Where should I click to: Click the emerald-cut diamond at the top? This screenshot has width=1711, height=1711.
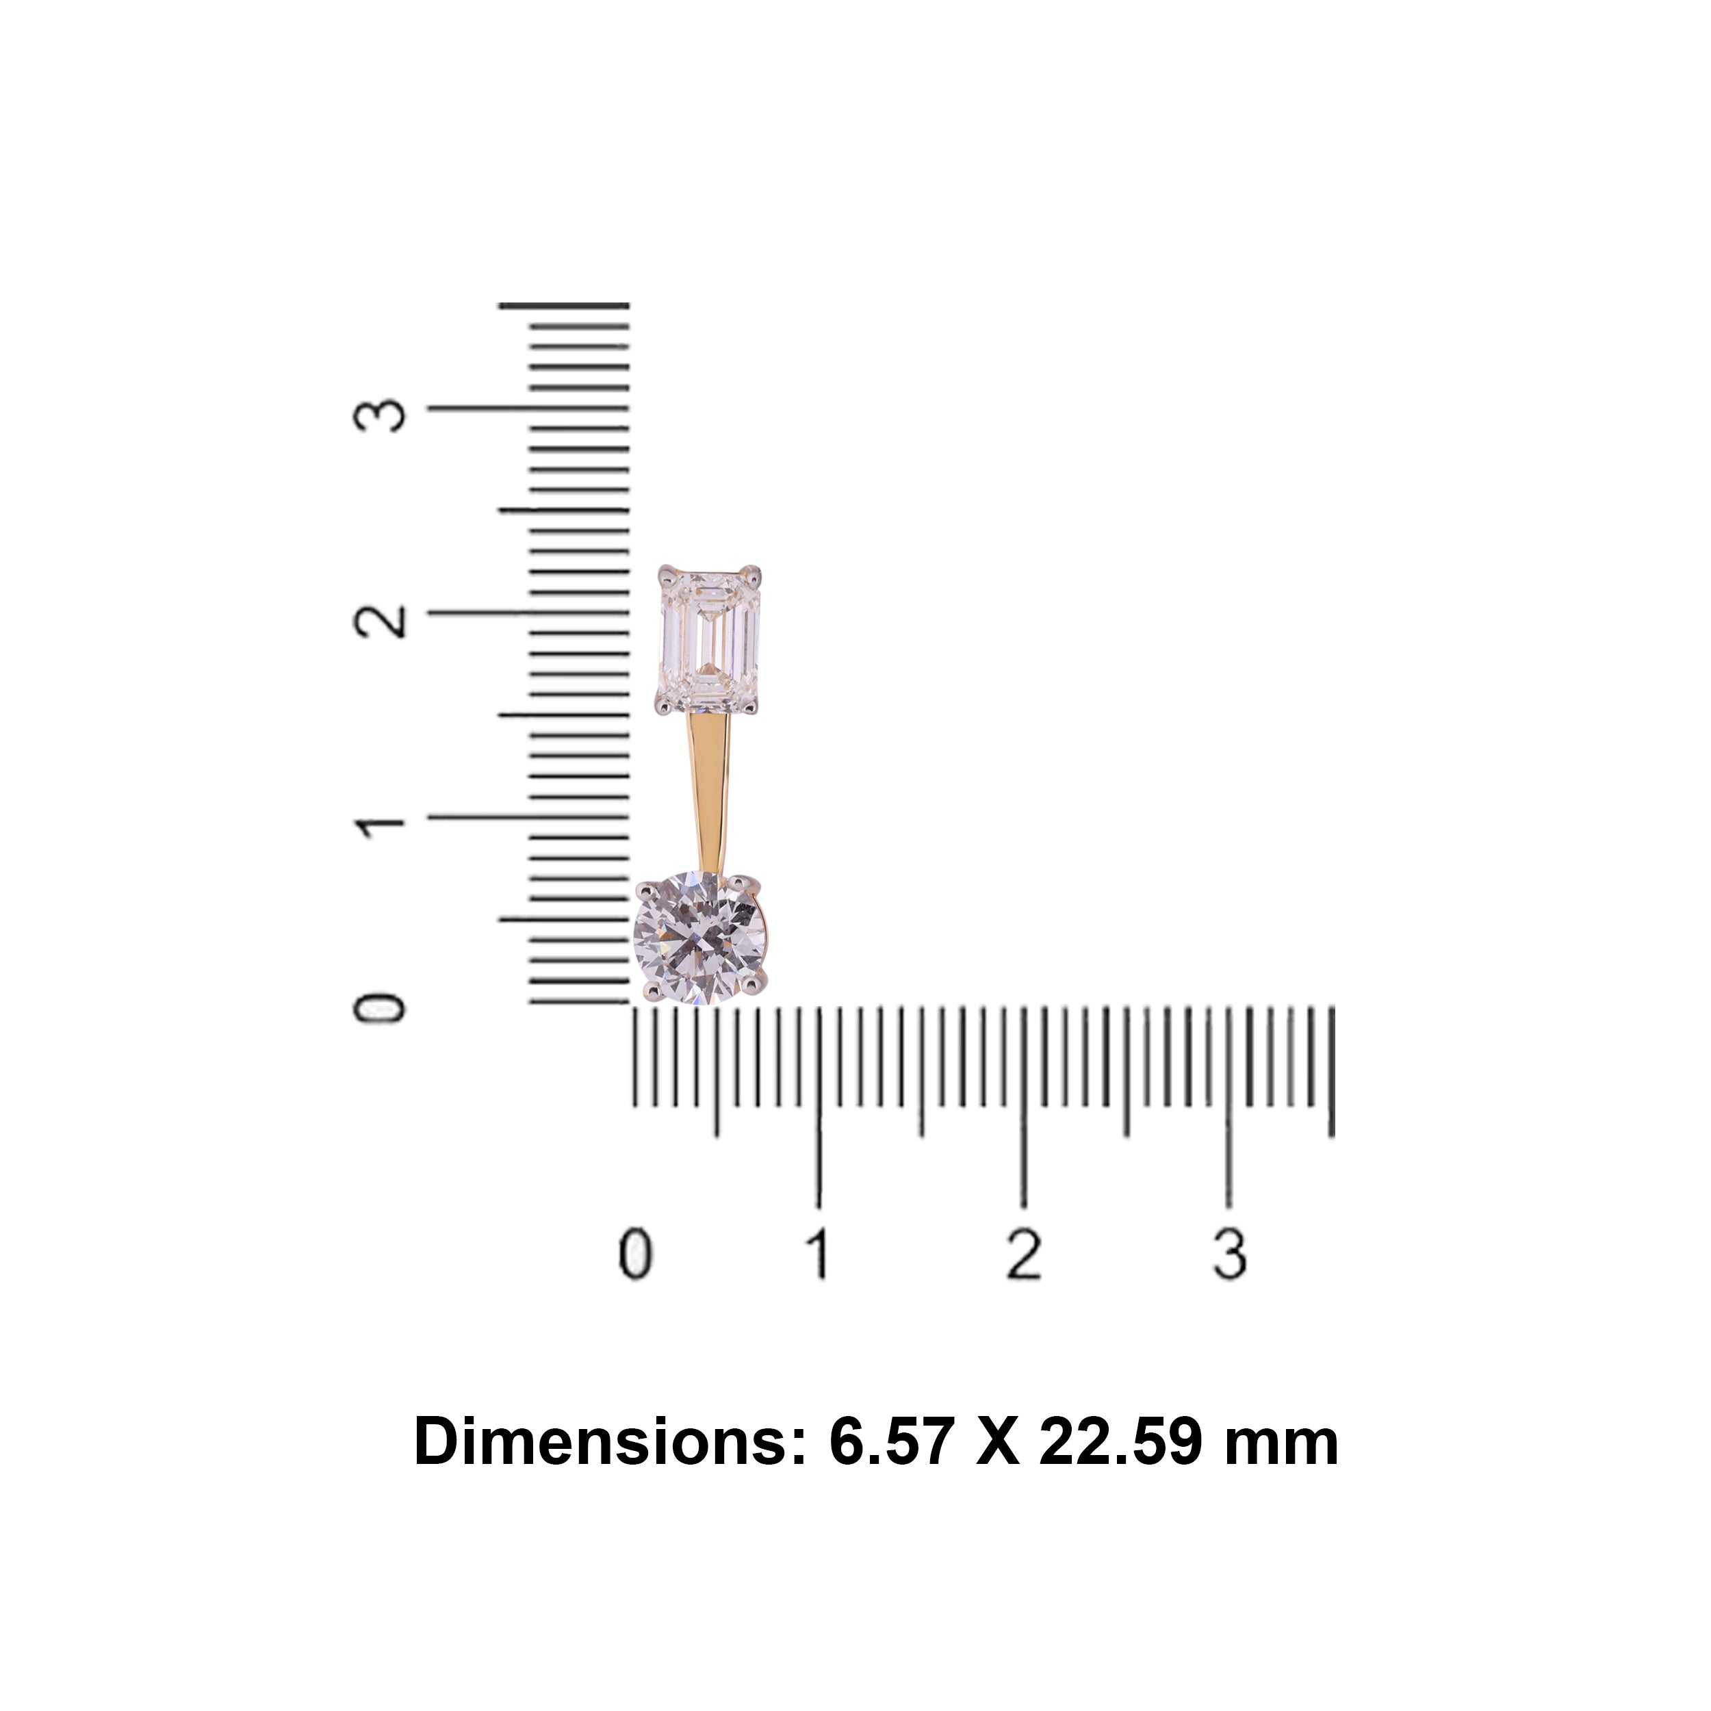pos(708,639)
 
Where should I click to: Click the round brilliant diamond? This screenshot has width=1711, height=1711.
pos(699,937)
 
